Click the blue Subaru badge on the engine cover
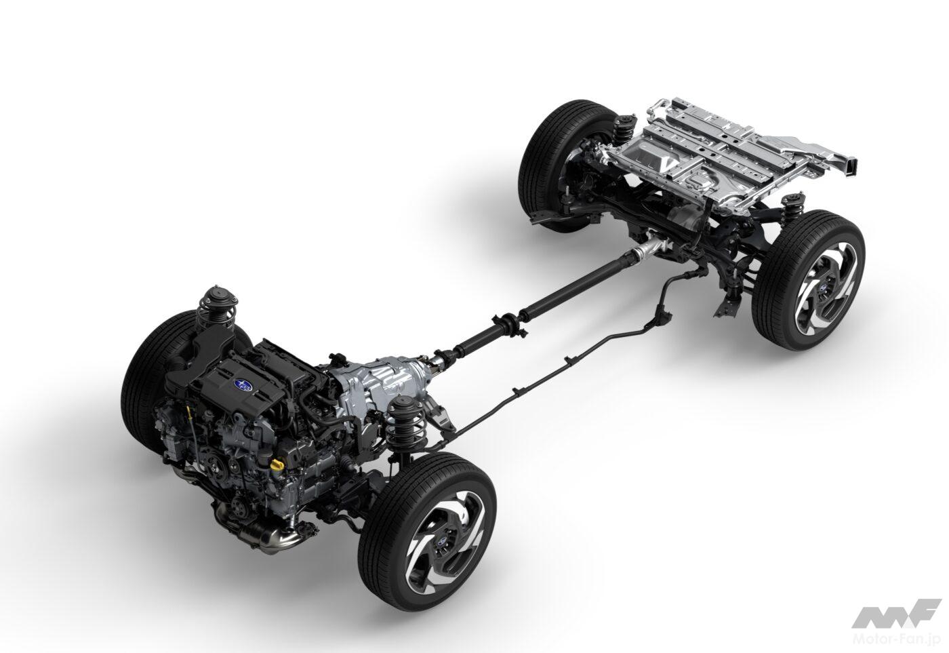coord(243,384)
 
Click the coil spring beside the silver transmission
coord(405,426)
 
